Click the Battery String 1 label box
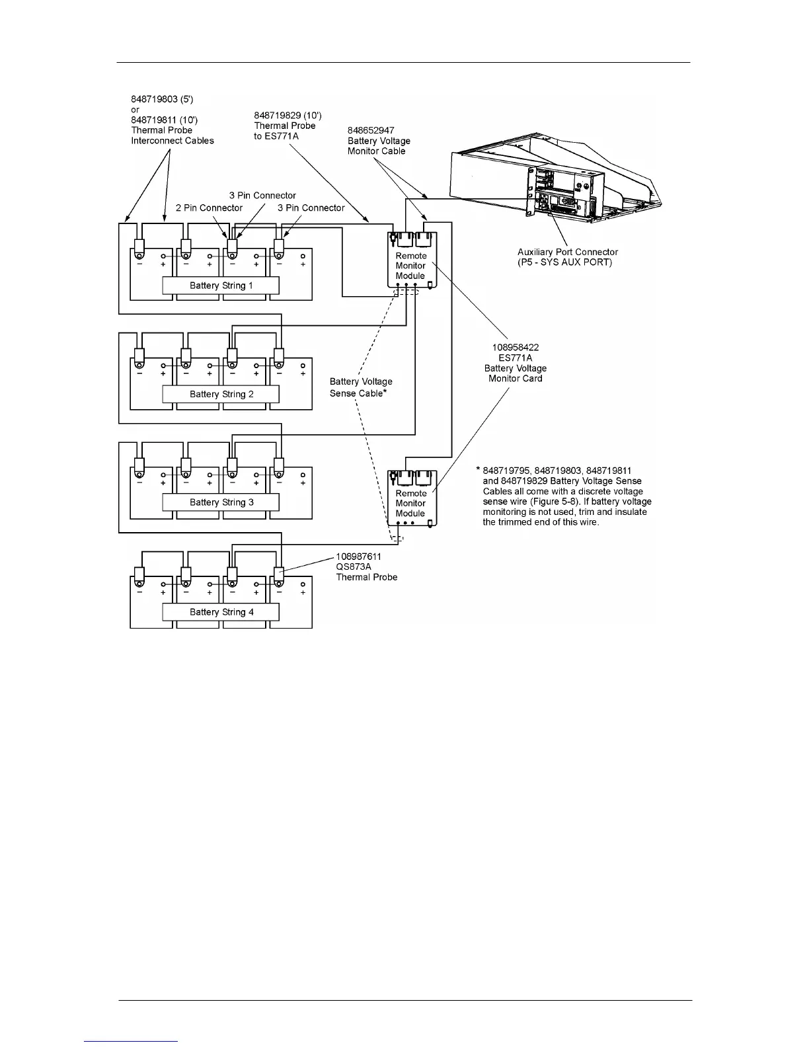point(221,286)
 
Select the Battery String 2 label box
point(221,394)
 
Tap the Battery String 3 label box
point(221,502)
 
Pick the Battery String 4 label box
point(221,612)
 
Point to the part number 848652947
point(371,130)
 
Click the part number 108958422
point(515,347)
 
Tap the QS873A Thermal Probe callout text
point(366,572)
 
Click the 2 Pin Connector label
point(209,208)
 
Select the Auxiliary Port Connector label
point(568,252)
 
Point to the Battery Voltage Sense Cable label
point(360,387)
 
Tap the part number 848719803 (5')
point(162,99)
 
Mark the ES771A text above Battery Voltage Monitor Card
point(515,358)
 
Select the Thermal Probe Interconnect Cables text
point(172,136)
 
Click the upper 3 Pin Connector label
point(262,195)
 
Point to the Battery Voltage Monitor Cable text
point(379,146)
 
